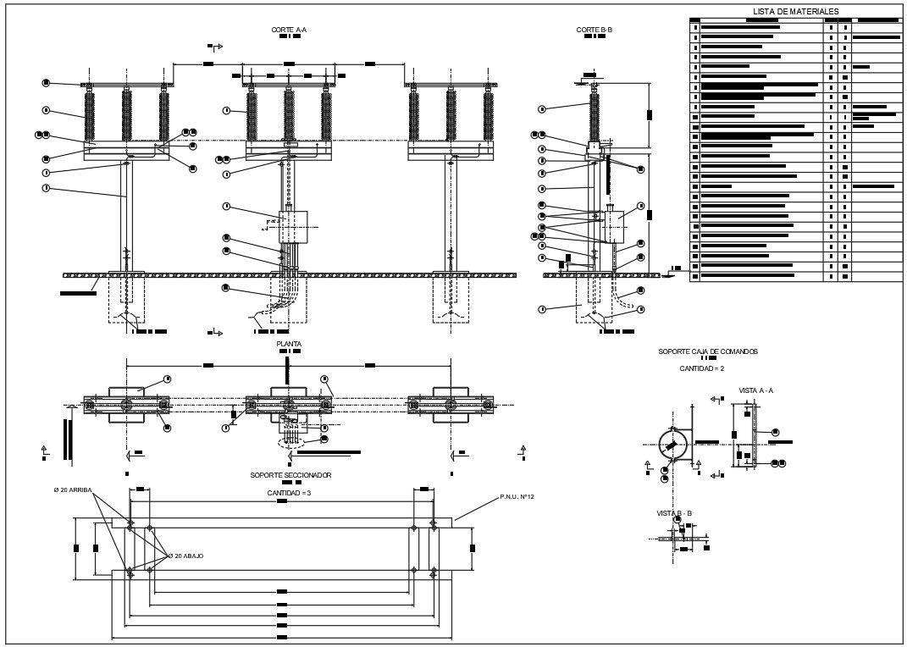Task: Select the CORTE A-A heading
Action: [289, 30]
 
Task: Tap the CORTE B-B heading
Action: [594, 30]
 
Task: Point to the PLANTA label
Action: [289, 344]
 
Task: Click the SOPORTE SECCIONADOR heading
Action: [290, 475]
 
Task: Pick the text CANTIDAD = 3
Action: [290, 492]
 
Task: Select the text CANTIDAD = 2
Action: [702, 368]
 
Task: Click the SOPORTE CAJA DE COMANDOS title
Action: [708, 351]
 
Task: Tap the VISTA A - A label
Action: [756, 390]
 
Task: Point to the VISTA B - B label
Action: [674, 513]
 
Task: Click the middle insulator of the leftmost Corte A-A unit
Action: [127, 116]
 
